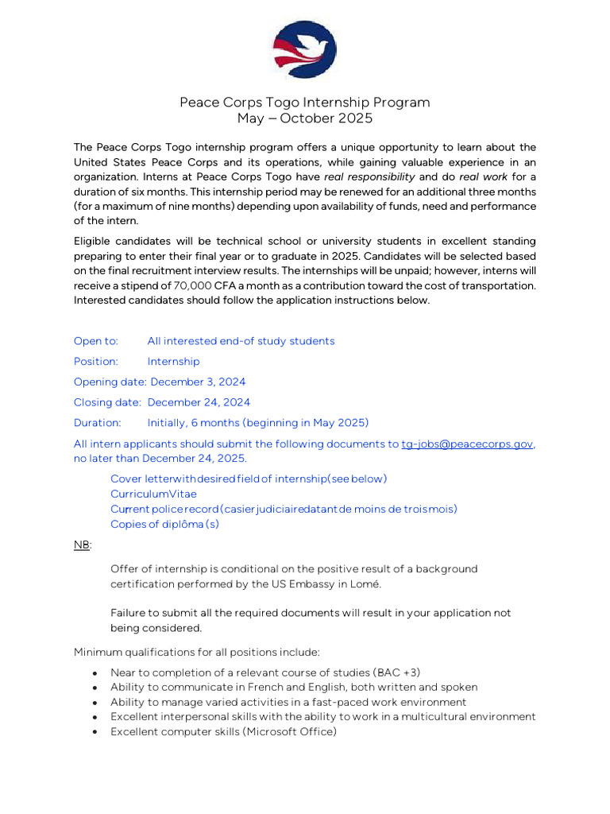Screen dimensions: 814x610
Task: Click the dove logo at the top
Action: [x=305, y=50]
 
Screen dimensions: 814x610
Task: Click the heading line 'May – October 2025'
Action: [x=305, y=119]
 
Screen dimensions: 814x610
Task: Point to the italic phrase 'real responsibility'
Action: [x=369, y=176]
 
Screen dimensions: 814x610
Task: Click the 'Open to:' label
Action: [x=96, y=341]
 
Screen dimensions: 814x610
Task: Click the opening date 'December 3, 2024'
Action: [x=198, y=382]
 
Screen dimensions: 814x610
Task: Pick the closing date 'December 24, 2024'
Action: [x=199, y=403]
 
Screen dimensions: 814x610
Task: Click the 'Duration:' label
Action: [x=98, y=423]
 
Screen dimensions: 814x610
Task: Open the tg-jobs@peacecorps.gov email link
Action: [x=467, y=444]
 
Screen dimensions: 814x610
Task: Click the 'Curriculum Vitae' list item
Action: [x=153, y=494]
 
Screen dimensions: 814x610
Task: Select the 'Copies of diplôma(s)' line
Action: [x=165, y=524]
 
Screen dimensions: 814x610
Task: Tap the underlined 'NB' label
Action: [x=81, y=545]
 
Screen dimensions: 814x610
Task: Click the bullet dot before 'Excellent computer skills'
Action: [x=95, y=732]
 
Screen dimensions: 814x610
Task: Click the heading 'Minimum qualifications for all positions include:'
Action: [x=197, y=653]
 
